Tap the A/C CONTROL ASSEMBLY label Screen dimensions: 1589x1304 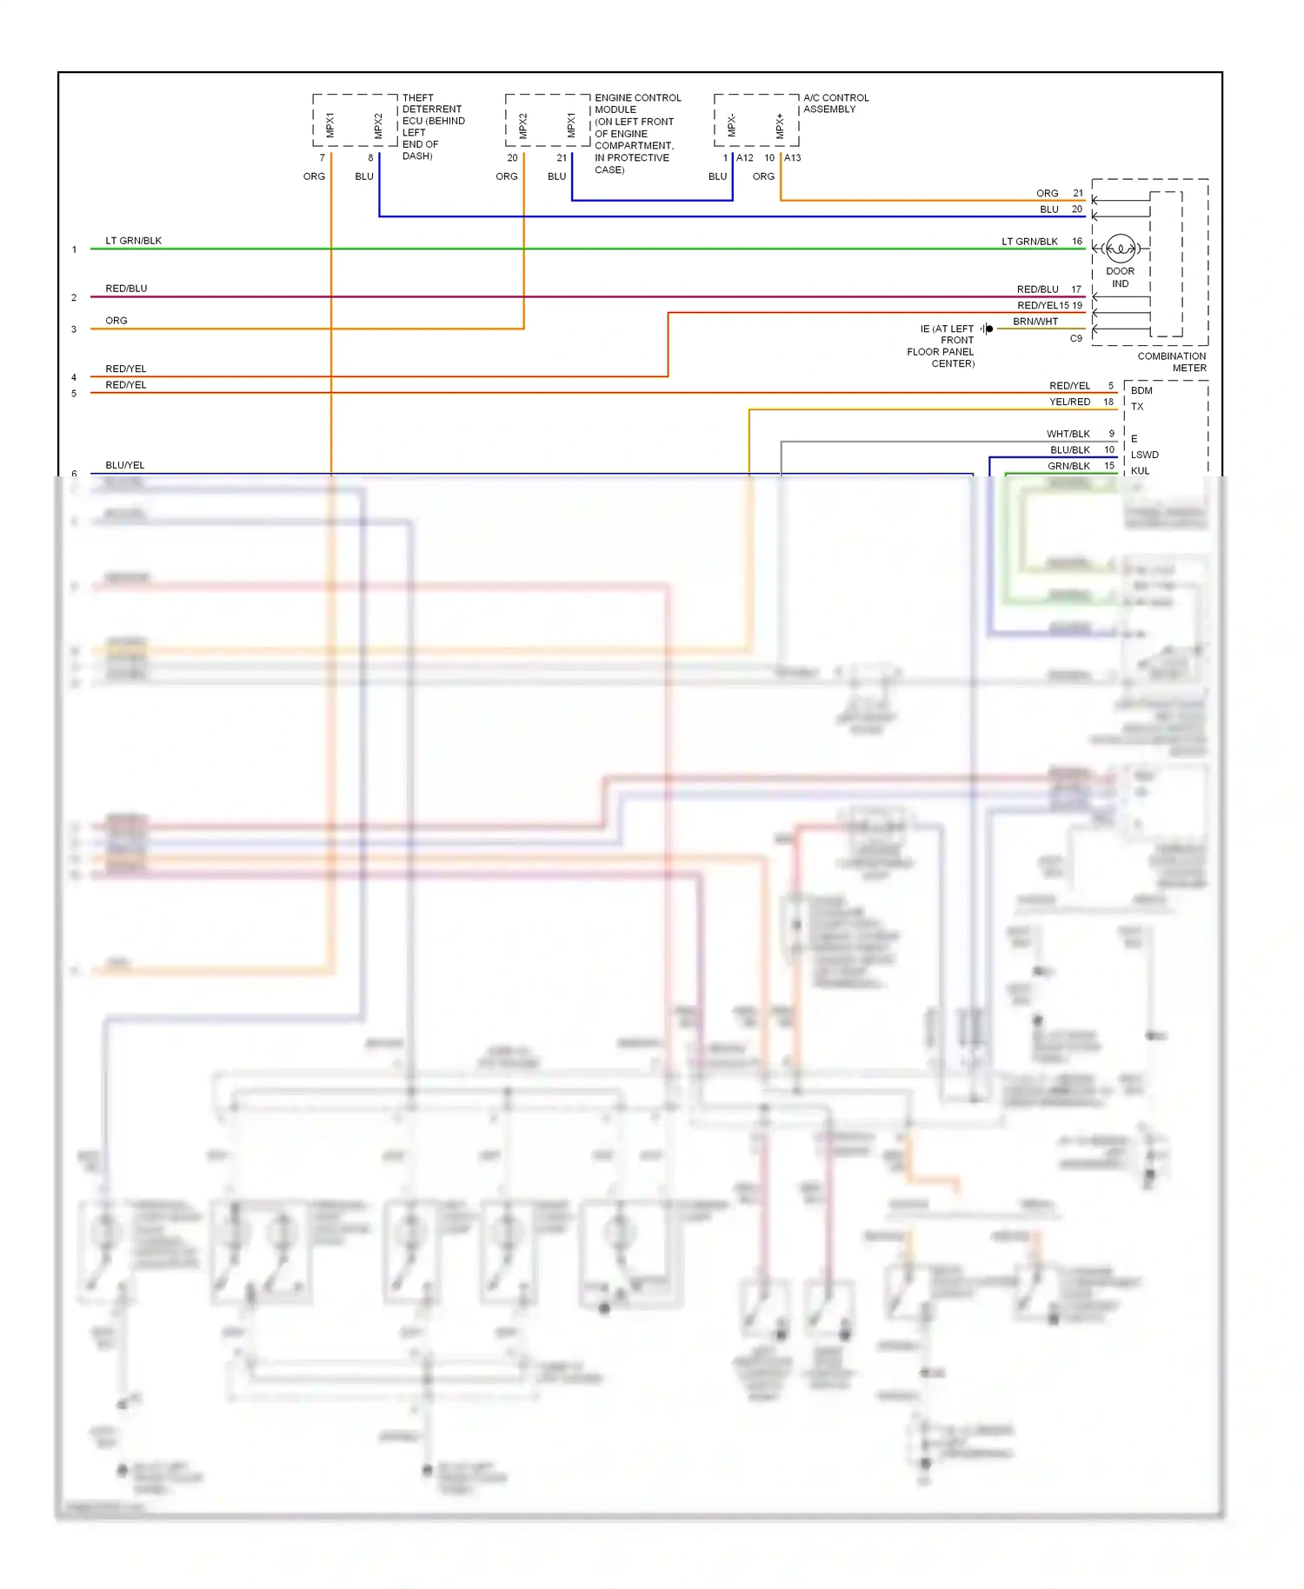click(835, 103)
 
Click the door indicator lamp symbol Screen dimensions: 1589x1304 click(1121, 249)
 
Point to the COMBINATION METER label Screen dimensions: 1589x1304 click(1171, 362)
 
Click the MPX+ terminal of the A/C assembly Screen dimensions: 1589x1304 click(780, 126)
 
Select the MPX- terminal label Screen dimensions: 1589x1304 click(731, 126)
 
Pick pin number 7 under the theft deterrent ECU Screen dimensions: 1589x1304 click(323, 158)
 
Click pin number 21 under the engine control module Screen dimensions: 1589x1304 click(562, 158)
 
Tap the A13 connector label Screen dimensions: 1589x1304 click(792, 158)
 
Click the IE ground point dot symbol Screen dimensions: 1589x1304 click(989, 329)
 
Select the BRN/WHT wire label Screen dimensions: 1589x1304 click(1035, 322)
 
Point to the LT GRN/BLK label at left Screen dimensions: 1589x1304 click(133, 241)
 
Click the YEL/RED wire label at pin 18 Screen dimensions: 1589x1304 click(1069, 402)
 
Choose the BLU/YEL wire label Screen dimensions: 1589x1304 click(125, 465)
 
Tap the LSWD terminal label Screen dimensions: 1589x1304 click(1144, 455)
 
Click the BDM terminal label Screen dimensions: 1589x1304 click(1141, 390)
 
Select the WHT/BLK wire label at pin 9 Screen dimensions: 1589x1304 click(1068, 434)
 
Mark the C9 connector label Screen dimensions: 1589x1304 click(1075, 338)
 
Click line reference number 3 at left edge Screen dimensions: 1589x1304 click(74, 329)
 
